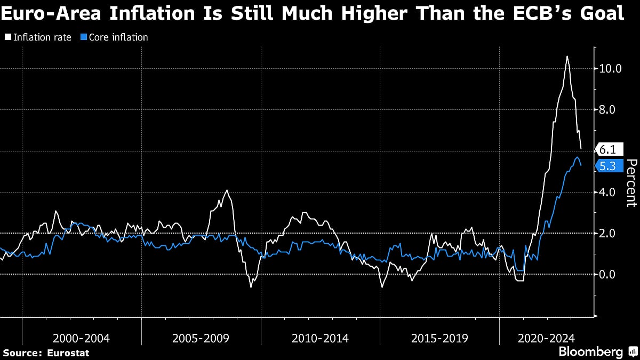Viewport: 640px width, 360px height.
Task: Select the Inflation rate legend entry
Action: click(38, 37)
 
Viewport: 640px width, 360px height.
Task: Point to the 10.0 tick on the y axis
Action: click(610, 69)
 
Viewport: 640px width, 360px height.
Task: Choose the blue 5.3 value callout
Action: click(607, 166)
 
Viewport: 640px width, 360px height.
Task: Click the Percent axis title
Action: click(631, 183)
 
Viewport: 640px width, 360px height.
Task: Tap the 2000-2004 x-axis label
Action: click(81, 338)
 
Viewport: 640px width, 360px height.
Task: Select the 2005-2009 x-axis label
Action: click(201, 338)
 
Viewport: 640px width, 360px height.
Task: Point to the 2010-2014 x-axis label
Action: click(320, 338)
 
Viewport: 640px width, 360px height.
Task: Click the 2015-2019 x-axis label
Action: click(439, 338)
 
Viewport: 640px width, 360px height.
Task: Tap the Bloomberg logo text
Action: click(590, 352)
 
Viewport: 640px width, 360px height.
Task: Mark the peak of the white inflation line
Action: click(566, 56)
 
